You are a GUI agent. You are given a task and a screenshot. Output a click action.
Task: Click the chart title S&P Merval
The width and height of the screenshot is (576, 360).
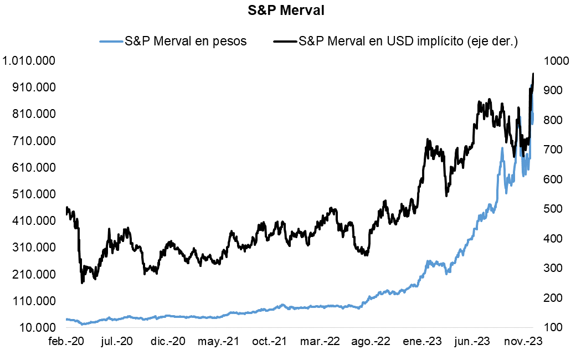[x=288, y=11]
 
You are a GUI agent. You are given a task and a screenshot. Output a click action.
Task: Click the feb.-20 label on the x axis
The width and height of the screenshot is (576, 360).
[x=66, y=341]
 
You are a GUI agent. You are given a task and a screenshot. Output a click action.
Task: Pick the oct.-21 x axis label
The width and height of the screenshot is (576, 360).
[x=270, y=341]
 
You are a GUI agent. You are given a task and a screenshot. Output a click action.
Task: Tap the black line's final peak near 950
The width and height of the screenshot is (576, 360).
[x=533, y=74]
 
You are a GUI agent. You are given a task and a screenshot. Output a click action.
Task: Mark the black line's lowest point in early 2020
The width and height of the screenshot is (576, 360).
[x=83, y=282]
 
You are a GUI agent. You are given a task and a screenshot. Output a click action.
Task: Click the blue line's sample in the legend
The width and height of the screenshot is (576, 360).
[x=111, y=41]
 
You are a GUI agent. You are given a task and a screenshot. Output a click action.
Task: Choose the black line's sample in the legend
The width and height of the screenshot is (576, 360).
[x=285, y=41]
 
